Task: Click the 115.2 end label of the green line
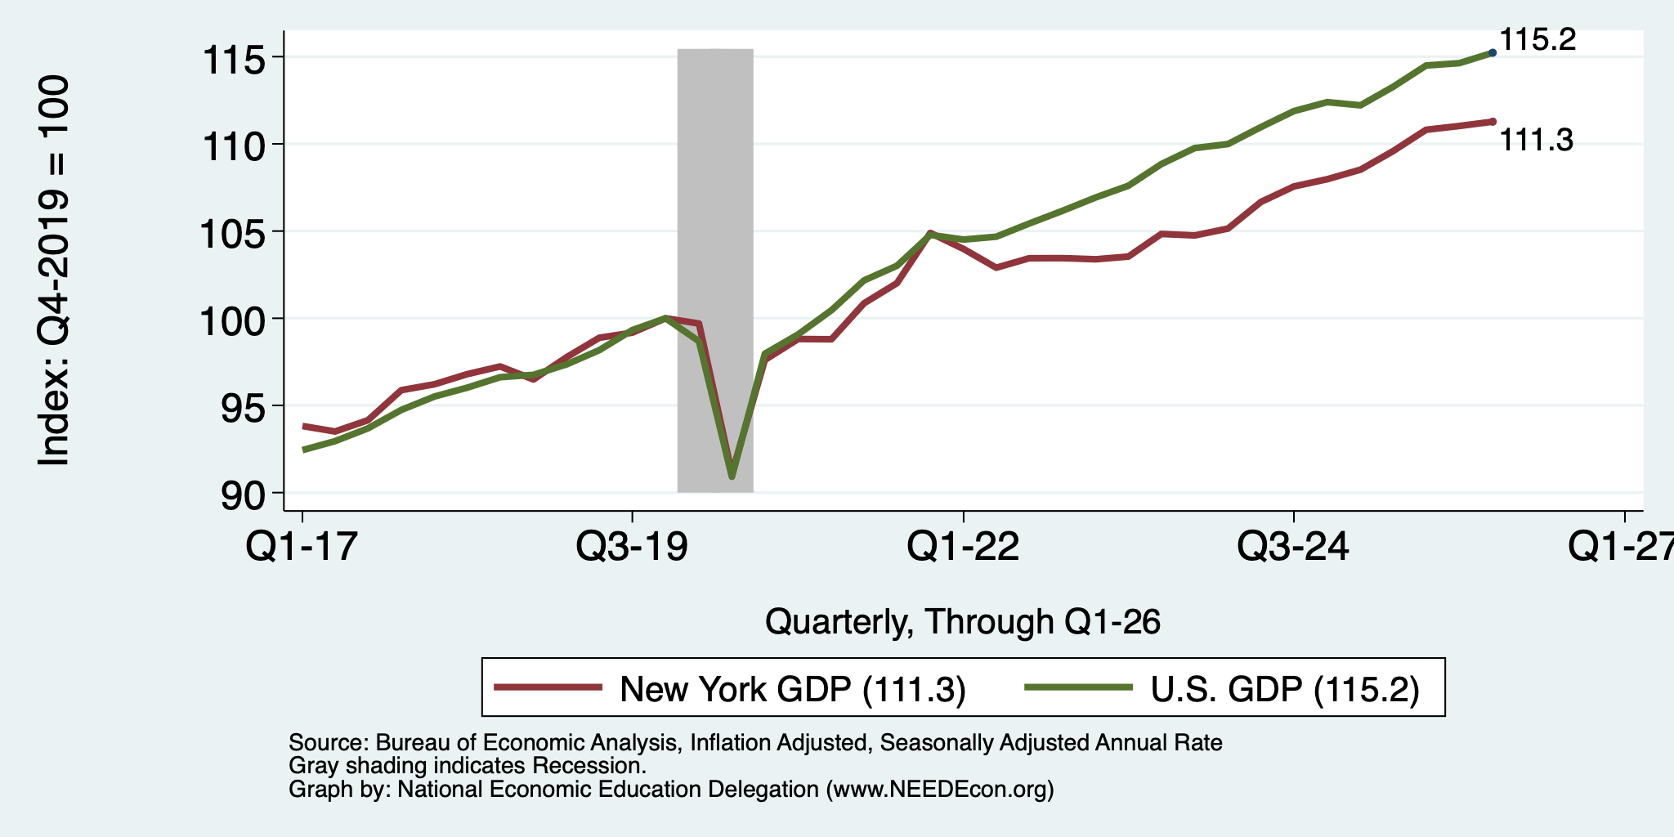pyautogui.click(x=1537, y=39)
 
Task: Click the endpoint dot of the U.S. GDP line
pyautogui.click(x=1493, y=52)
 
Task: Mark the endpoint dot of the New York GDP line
pyautogui.click(x=1493, y=121)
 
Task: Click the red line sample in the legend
pyautogui.click(x=548, y=687)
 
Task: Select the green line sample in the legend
pyautogui.click(x=1079, y=687)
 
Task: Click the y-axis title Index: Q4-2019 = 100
pyautogui.click(x=54, y=271)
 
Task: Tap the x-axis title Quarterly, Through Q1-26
pyautogui.click(x=963, y=622)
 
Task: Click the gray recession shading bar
pyautogui.click(x=715, y=271)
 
